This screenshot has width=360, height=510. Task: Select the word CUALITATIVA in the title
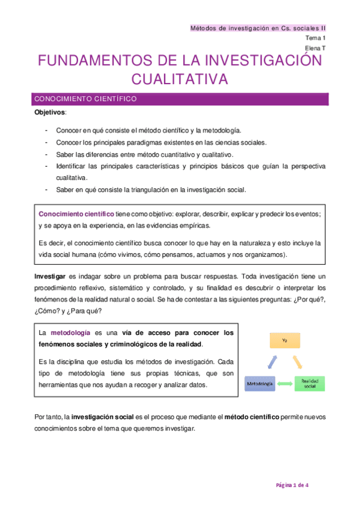pyautogui.click(x=180, y=79)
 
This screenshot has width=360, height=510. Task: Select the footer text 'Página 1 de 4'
pyautogui.click(x=293, y=485)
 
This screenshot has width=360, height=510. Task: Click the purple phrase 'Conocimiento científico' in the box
pyautogui.click(x=76, y=214)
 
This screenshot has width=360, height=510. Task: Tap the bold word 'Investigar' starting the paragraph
pyautogui.click(x=50, y=276)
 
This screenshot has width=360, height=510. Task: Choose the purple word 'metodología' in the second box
pyautogui.click(x=70, y=333)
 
